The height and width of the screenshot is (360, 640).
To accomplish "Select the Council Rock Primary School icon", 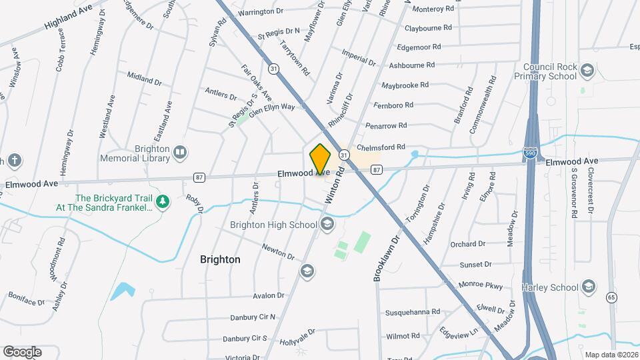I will tap(587, 71).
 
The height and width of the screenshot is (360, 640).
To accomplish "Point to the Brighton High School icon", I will tap(327, 225).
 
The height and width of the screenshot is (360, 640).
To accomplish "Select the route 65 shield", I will tap(611, 297).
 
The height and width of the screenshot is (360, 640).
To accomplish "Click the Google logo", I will tap(22, 351).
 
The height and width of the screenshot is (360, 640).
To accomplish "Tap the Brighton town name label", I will tap(220, 259).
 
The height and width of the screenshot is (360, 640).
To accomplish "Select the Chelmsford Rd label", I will tap(381, 147).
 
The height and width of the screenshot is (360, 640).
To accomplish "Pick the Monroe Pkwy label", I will tap(480, 285).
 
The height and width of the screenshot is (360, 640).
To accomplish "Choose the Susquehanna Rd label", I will tap(412, 311).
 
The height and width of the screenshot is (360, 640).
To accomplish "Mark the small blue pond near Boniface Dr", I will tap(123, 291).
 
